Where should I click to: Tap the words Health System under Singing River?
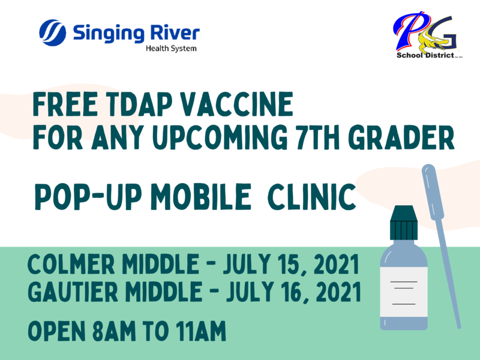click(172, 49)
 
